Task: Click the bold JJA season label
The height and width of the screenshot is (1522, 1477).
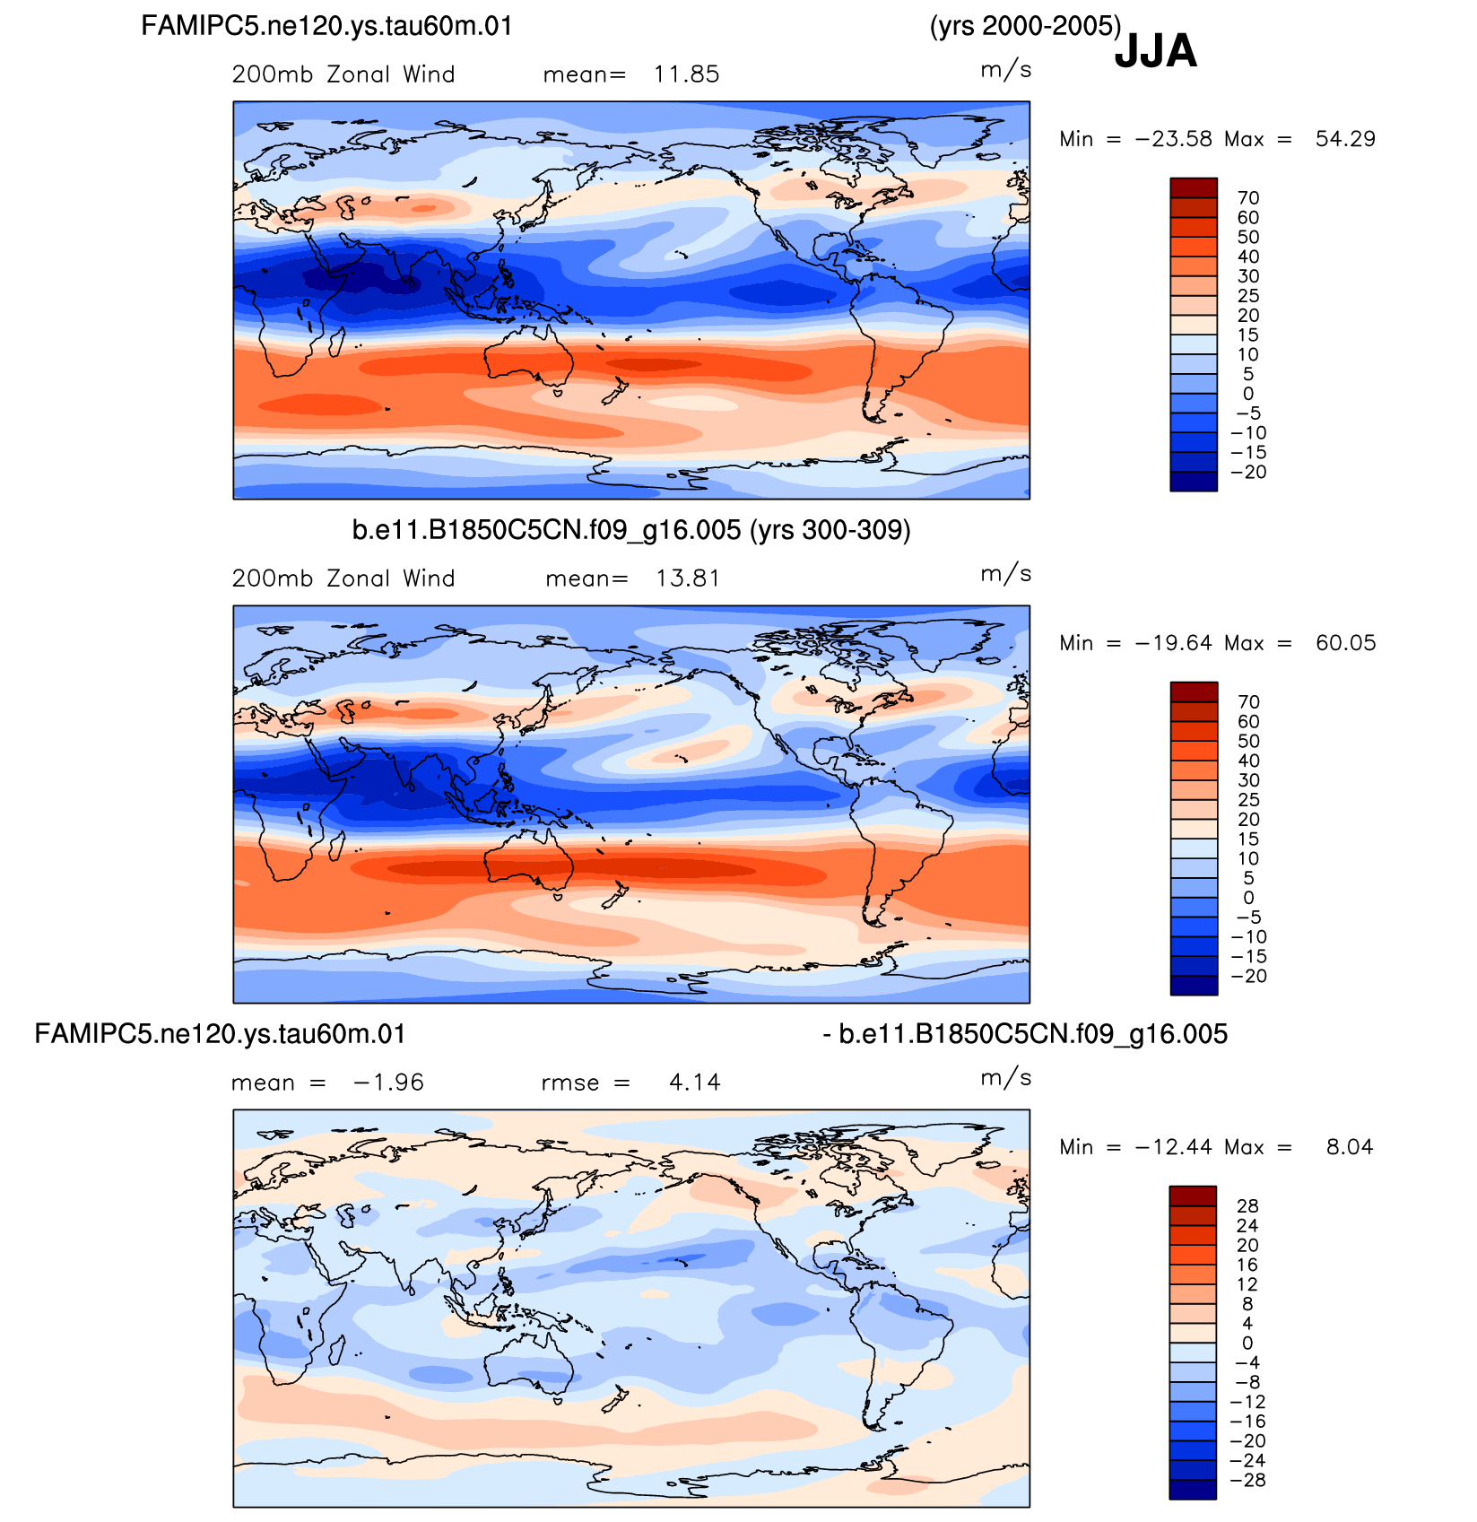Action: click(x=1155, y=51)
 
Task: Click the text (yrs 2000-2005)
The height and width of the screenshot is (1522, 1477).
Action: click(x=1026, y=26)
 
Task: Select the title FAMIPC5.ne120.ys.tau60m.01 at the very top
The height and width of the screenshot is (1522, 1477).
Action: click(x=327, y=26)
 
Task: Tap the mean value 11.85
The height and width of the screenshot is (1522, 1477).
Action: click(x=686, y=74)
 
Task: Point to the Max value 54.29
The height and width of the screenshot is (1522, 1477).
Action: click(x=1345, y=139)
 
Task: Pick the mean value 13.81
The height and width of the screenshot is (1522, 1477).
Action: click(x=688, y=578)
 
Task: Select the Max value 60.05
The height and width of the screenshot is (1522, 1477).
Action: click(x=1345, y=643)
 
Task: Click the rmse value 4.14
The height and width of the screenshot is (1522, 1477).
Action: click(x=695, y=1083)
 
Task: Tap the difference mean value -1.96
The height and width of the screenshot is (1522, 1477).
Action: click(x=388, y=1083)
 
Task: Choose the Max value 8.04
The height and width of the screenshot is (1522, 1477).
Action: click(x=1350, y=1147)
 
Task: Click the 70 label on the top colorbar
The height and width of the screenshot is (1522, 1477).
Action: click(x=1248, y=198)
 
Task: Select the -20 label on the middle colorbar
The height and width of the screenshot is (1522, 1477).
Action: click(x=1248, y=977)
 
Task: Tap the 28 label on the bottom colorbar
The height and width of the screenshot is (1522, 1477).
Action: click(x=1247, y=1206)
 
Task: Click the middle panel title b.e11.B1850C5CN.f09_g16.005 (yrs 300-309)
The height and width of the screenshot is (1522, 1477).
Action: click(x=631, y=530)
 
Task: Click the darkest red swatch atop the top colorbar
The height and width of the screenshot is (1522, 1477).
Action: click(x=1194, y=187)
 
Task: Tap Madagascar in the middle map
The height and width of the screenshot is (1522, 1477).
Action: click(x=338, y=845)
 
